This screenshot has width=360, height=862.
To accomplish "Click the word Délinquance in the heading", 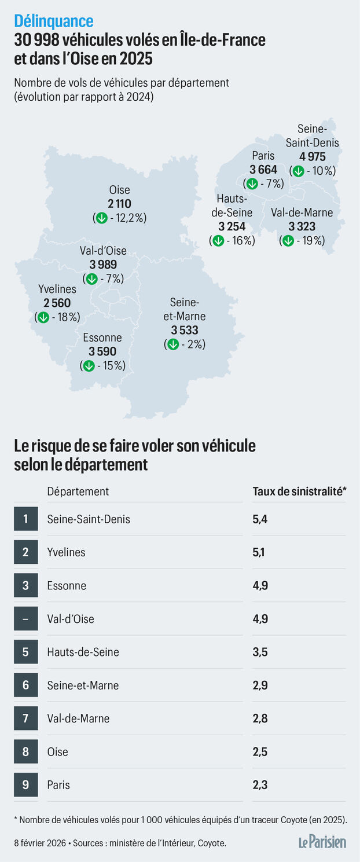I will tap(53, 21).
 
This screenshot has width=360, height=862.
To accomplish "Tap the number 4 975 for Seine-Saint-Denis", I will tap(312, 156).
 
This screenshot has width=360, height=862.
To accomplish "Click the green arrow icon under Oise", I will tap(101, 218).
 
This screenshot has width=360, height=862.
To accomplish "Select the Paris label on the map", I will tap(263, 155).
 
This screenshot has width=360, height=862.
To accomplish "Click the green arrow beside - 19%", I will tap(288, 240).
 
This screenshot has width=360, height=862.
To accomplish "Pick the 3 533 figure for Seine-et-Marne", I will tap(185, 330).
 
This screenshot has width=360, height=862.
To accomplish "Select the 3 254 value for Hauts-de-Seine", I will tap(232, 226).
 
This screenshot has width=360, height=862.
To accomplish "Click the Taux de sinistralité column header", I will tap(299, 491).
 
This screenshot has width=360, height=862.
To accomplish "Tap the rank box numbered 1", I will tap(25, 519).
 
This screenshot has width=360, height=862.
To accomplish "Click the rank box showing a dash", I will tap(25, 619).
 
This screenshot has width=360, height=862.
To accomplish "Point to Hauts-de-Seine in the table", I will tap(83, 652).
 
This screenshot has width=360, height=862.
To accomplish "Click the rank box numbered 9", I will tap(25, 785).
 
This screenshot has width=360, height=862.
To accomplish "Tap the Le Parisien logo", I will tap(322, 842).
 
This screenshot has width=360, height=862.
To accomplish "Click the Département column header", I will tap(78, 491).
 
